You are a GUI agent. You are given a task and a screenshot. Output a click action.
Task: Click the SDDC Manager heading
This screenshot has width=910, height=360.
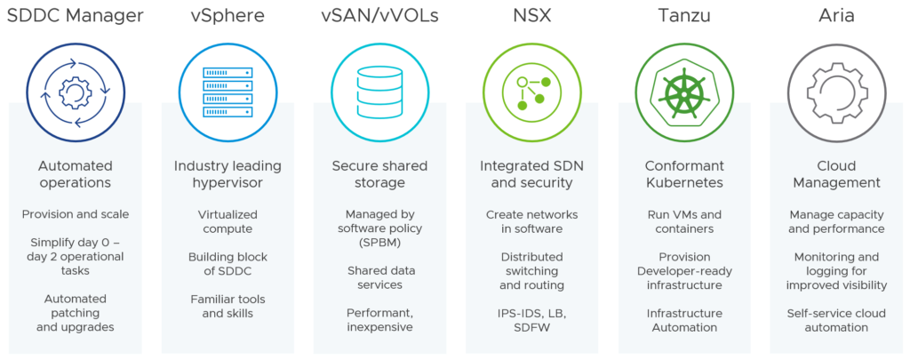[x=76, y=16]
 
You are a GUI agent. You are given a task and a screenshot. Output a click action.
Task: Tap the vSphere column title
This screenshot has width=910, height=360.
[x=227, y=16]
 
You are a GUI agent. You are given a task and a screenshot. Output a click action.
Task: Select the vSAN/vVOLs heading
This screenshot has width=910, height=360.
[x=379, y=16]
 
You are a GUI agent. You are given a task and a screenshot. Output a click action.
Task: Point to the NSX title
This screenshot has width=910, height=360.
[x=531, y=16]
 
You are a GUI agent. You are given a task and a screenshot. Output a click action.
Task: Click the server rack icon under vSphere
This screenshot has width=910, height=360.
[x=227, y=92]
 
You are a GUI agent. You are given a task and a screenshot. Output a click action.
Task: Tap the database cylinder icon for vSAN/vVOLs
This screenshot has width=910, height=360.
[x=379, y=92]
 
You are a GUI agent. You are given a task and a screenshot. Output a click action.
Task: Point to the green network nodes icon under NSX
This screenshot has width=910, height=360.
[x=531, y=92]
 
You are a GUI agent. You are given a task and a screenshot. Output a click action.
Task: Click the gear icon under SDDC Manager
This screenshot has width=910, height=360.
[x=76, y=92]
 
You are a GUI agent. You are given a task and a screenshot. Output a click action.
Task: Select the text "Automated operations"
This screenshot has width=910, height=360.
[x=76, y=174]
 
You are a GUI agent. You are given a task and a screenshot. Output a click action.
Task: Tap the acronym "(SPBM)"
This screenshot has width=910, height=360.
[x=379, y=242]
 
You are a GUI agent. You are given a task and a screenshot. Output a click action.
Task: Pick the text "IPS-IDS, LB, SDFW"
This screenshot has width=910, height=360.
[x=531, y=320]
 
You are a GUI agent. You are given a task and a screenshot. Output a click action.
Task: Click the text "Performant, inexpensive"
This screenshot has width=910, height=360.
[x=379, y=320]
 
